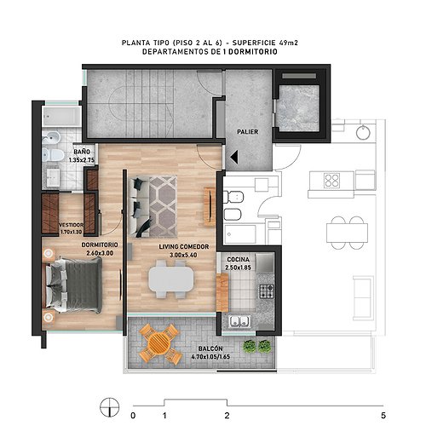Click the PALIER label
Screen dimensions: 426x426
[x=248, y=132]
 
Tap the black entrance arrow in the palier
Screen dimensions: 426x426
[x=234, y=157]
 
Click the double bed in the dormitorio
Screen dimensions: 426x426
[x=73, y=285]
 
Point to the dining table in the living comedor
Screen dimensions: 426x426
[x=171, y=279]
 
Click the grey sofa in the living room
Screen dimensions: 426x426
[x=139, y=207]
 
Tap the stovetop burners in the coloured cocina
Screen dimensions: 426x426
[x=267, y=291]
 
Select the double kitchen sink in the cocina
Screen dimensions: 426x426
[x=240, y=321]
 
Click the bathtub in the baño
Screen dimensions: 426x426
[x=61, y=117]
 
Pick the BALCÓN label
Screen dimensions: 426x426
[x=210, y=348]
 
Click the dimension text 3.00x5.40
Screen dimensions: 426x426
[x=183, y=255]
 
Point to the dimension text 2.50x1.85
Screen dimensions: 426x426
[x=239, y=268]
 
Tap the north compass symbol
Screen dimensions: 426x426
[x=110, y=407]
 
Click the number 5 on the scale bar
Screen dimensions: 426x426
[x=383, y=416]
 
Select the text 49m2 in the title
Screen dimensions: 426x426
[x=288, y=43]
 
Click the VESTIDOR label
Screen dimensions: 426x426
[x=71, y=225]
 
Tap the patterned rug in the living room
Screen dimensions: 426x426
[x=163, y=206]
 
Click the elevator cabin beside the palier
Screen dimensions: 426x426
[x=298, y=108]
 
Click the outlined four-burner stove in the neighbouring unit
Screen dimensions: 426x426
[x=331, y=180]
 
